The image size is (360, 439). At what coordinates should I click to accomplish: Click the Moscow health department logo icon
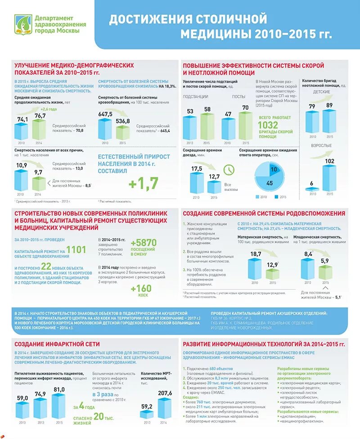pyautogui.click(x=22, y=24)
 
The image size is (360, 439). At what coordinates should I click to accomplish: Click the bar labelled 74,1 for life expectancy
pyautogui.click(x=21, y=131)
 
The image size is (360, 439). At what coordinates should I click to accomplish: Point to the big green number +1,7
pyautogui.click(x=143, y=183)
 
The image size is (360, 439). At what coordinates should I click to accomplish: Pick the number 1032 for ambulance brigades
pyautogui.click(x=268, y=125)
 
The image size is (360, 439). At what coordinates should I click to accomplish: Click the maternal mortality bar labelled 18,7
pyautogui.click(x=255, y=269)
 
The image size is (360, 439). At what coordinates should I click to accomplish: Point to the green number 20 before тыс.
pyautogui.click(x=99, y=416)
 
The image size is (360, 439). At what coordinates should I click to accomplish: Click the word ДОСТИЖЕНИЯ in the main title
pyautogui.click(x=148, y=19)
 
